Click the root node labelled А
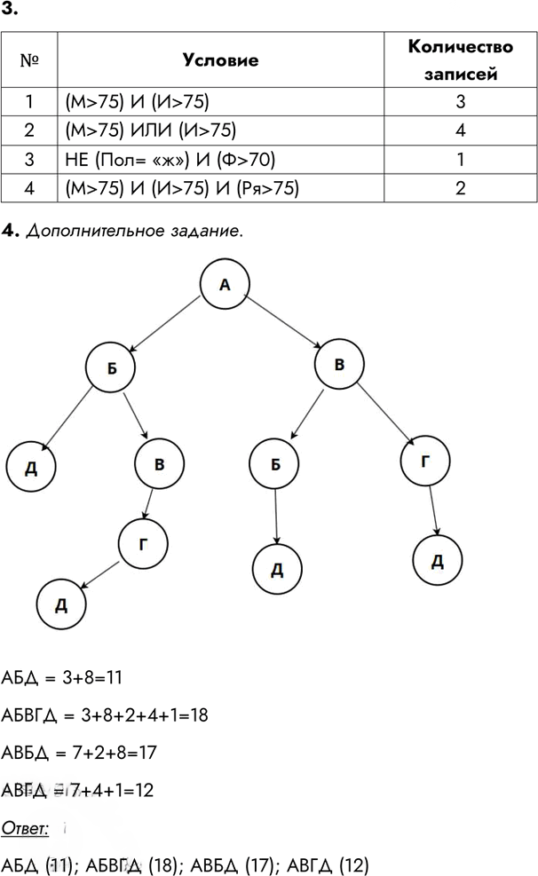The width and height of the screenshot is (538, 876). tap(225, 284)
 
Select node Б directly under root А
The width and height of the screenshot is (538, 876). tap(111, 367)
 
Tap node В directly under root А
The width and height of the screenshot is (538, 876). tap(339, 364)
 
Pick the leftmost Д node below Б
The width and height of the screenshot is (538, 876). tap(31, 467)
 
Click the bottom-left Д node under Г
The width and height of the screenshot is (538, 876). tap(61, 604)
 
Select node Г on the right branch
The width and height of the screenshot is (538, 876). tap(425, 461)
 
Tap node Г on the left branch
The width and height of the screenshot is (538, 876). tap(143, 543)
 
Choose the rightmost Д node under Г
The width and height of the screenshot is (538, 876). tap(438, 560)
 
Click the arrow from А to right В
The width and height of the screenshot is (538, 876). tap(282, 322)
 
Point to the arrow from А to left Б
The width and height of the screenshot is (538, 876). tap(164, 323)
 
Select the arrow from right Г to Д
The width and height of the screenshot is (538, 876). tap(433, 510)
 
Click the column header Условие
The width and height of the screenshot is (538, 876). tap(221, 59)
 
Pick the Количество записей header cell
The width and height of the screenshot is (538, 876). tap(461, 59)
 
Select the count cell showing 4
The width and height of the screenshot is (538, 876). tap(461, 130)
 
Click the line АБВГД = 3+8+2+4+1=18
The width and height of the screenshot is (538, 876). tap(105, 715)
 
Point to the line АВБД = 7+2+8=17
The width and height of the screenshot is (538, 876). tap(79, 753)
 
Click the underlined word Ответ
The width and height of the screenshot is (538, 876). tap(25, 828)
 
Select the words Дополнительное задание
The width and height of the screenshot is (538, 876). tap(135, 231)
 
